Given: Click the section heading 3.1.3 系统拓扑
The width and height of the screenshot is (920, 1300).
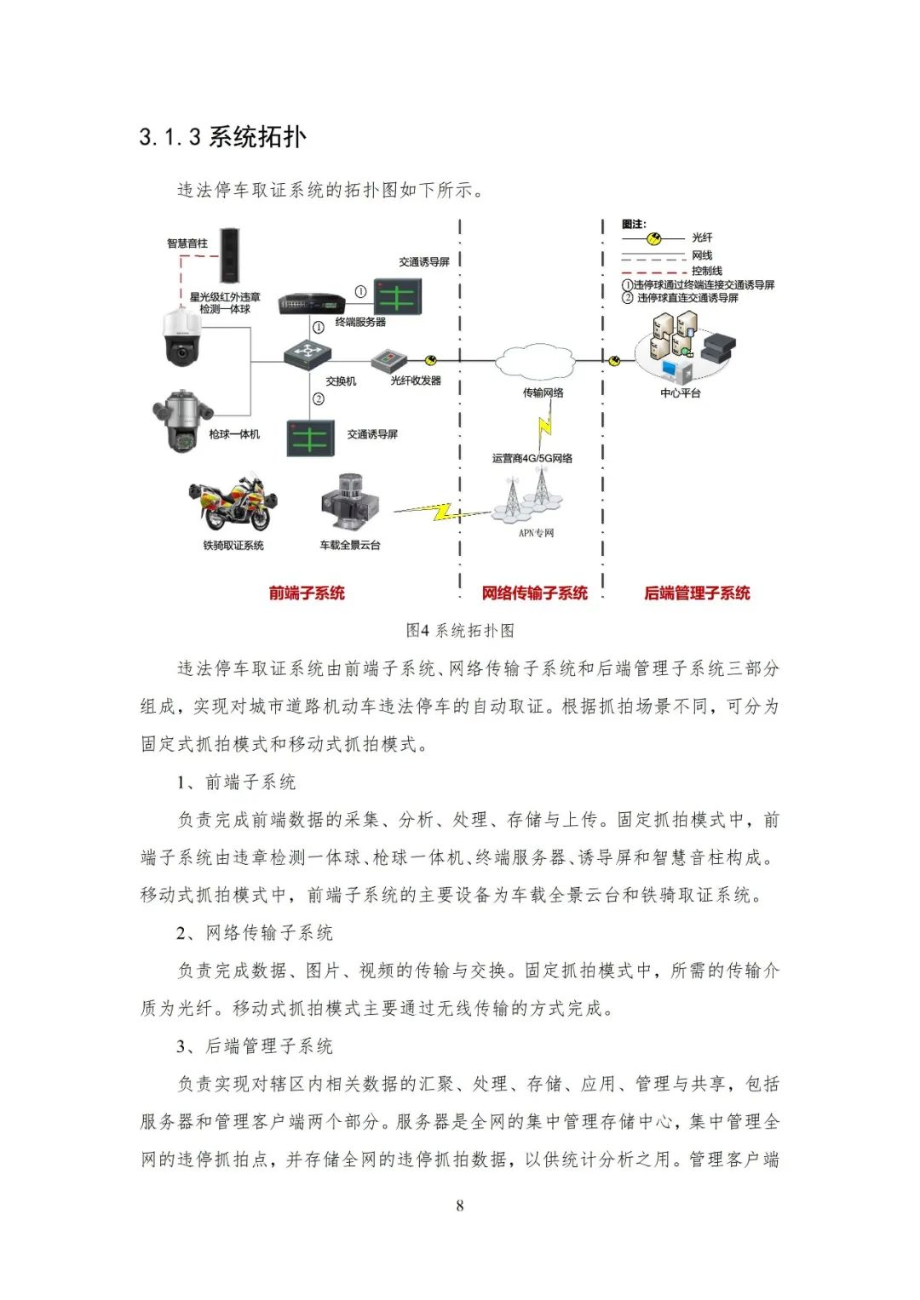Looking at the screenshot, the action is (x=222, y=137).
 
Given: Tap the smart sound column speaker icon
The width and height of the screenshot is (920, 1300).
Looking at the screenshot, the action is (x=230, y=255).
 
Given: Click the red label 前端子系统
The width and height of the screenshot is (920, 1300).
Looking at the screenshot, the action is (x=307, y=593).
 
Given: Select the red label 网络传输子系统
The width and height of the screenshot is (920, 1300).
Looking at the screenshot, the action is (x=534, y=593).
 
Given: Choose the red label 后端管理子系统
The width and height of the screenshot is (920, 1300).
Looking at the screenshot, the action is (x=697, y=593).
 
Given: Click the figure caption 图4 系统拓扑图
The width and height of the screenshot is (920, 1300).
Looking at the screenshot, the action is (x=459, y=631).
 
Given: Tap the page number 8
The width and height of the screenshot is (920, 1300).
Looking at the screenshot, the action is (x=460, y=1205).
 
